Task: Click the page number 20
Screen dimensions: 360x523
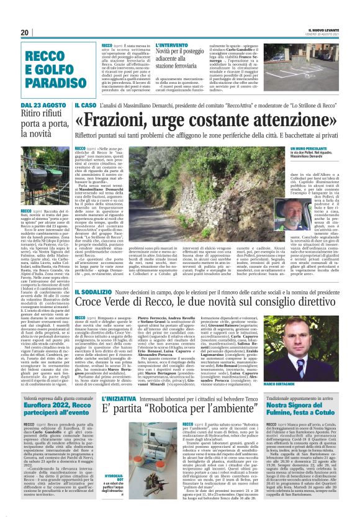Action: tap(24, 32)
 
